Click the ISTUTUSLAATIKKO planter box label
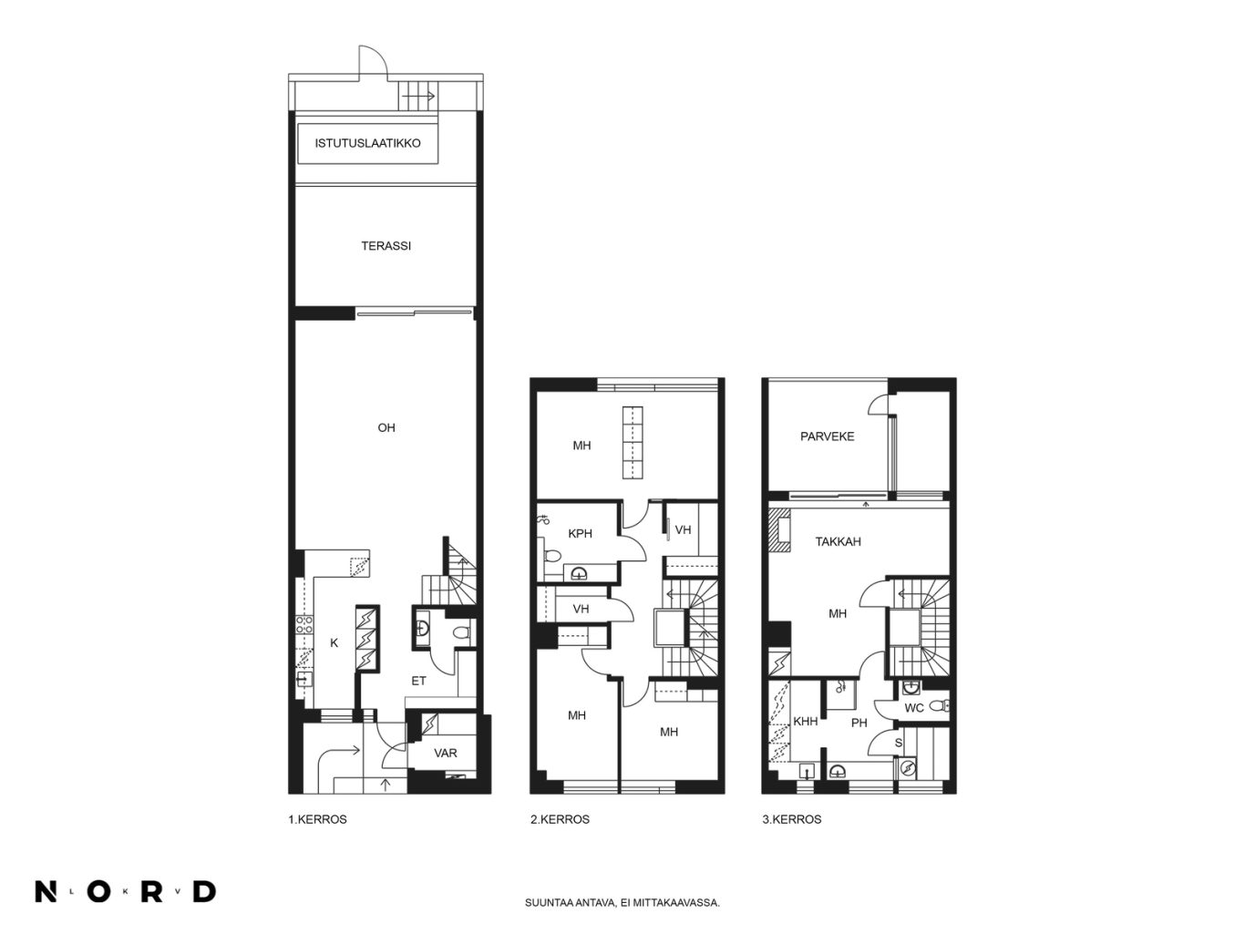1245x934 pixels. [x=367, y=143]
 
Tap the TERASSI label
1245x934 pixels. [x=386, y=246]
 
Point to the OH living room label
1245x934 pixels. [x=386, y=427]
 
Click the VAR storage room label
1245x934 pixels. [x=446, y=753]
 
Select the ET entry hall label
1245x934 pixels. [x=418, y=681]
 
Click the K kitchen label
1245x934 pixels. [x=334, y=642]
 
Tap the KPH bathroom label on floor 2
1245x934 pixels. [x=580, y=534]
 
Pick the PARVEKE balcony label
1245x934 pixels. [x=827, y=436]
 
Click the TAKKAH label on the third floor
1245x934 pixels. [x=838, y=541]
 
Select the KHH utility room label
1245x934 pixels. [x=806, y=722]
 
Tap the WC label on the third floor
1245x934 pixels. [x=914, y=708]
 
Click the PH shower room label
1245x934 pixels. [x=859, y=723]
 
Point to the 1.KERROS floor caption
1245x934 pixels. [x=318, y=819]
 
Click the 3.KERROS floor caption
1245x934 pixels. [x=792, y=819]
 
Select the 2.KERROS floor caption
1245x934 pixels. [x=560, y=819]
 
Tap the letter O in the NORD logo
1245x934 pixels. [x=98, y=891]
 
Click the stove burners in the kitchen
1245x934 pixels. [x=304, y=625]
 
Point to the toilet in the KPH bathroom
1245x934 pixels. [x=550, y=555]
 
